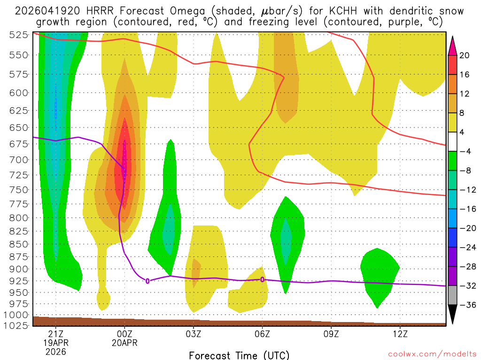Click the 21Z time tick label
(56, 334)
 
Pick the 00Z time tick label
(124, 334)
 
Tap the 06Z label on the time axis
(262, 334)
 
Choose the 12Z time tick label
(400, 334)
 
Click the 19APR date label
(56, 343)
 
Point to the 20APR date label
(124, 343)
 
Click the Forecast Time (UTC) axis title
(239, 355)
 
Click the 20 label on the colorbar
(465, 55)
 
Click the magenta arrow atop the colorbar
(452, 45)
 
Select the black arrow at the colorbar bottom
(452, 315)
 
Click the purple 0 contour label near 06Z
(262, 279)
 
